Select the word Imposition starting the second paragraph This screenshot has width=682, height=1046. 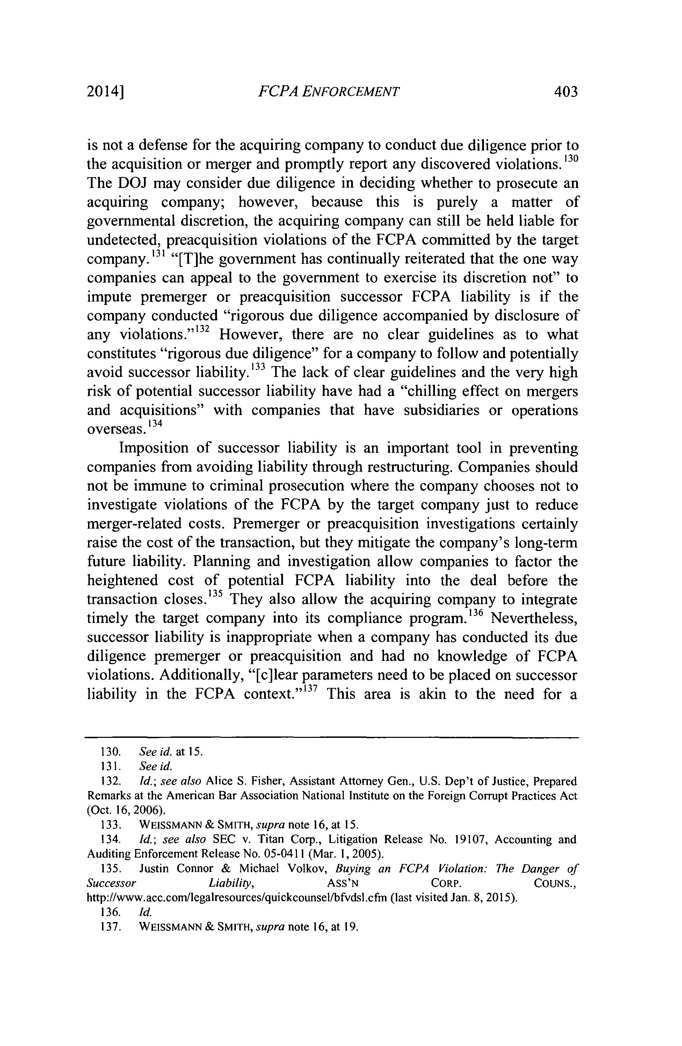[154, 448]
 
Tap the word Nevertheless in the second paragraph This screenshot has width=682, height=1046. [534, 618]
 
